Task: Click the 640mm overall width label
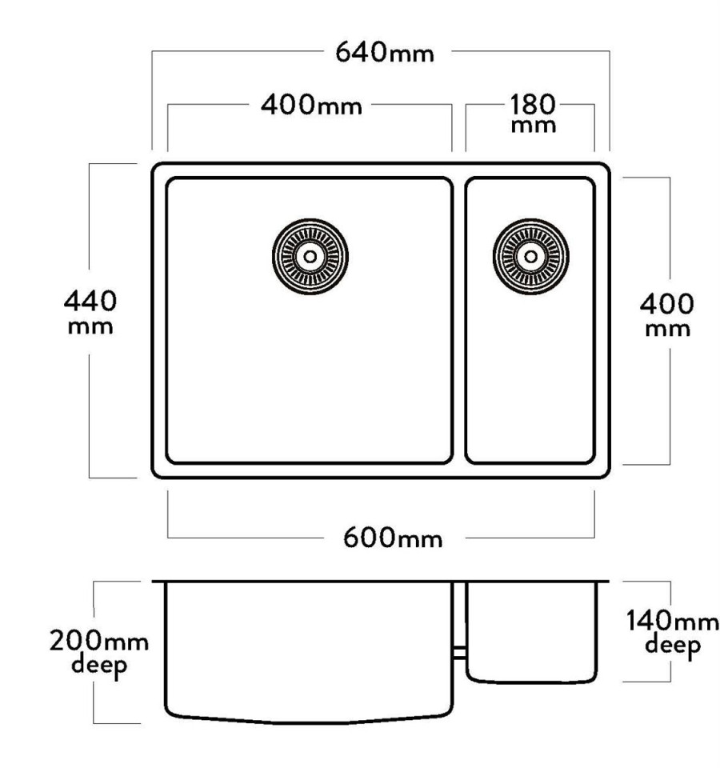385,52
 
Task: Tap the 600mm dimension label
392,538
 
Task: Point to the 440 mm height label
90,312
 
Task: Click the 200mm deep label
99,653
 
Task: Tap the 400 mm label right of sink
666,314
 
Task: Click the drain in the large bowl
310,257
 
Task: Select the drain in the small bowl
531,257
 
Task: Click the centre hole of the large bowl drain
310,257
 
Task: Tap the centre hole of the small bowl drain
531,257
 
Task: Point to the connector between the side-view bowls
459,653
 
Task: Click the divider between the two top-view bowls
459,320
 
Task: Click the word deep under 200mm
99,666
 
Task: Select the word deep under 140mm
673,646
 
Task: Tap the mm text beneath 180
533,126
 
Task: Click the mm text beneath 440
90,326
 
